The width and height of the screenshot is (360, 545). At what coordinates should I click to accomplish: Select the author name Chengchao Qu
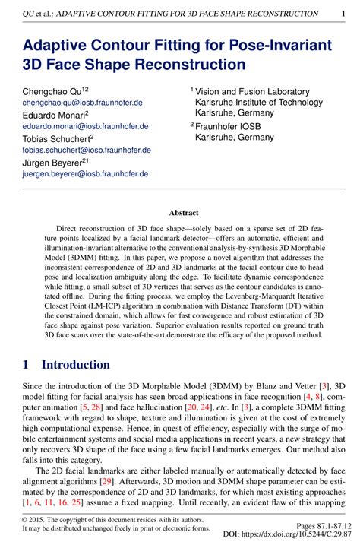pos(52,90)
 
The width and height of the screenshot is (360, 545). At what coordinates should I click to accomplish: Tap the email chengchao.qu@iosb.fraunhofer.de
pos(83,102)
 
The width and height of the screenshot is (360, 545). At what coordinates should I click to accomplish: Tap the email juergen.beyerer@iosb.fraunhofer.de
pos(85,173)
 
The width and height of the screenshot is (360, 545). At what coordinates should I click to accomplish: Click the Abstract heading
pos(184,214)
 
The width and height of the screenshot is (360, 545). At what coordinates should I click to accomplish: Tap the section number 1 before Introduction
pos(26,364)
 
